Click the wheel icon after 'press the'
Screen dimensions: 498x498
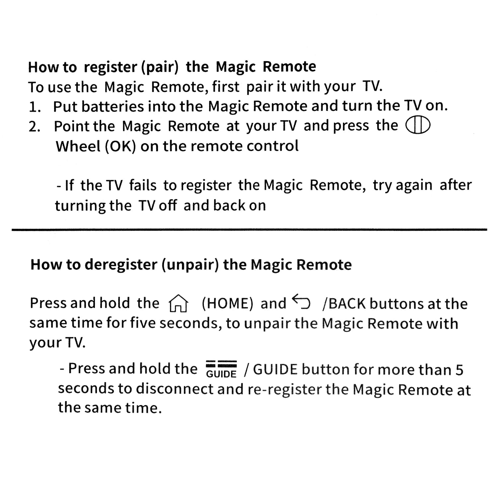pos(418,125)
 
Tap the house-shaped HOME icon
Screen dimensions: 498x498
pos(178,303)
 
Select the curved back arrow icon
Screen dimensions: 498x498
pos(301,302)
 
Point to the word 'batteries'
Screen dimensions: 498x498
pos(113,107)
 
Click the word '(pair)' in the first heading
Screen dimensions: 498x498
pos(160,67)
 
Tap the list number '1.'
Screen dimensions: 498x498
pos(35,107)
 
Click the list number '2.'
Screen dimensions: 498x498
pos(35,127)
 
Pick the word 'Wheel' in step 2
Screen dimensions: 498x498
pos(78,146)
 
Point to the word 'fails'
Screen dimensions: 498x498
pos(142,185)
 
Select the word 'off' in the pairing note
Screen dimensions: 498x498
pos(168,206)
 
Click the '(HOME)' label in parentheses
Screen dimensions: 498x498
pos(227,303)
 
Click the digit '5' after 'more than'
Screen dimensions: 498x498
pos(459,370)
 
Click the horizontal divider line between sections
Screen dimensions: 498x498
pos(249,229)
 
